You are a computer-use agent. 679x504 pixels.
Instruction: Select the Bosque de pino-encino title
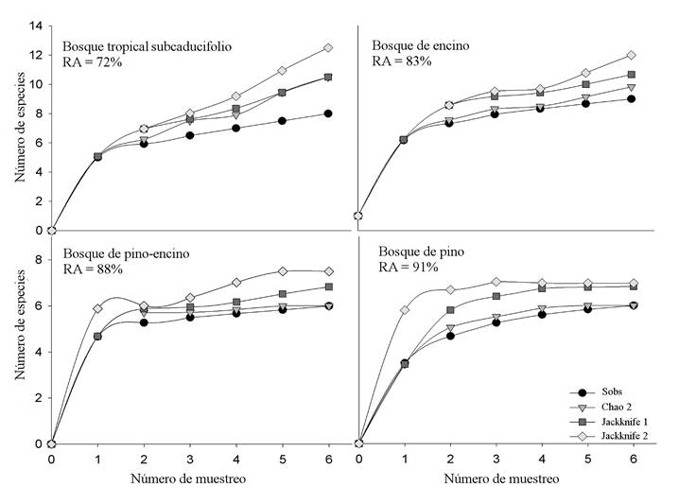tap(119, 252)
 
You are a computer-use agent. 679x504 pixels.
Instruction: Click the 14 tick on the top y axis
tap(35, 26)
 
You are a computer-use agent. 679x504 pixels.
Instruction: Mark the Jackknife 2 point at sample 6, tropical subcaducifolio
tap(328, 47)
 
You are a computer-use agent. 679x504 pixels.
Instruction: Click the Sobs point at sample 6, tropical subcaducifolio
tap(328, 113)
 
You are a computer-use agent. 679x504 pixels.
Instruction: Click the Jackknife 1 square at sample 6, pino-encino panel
tap(328, 287)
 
